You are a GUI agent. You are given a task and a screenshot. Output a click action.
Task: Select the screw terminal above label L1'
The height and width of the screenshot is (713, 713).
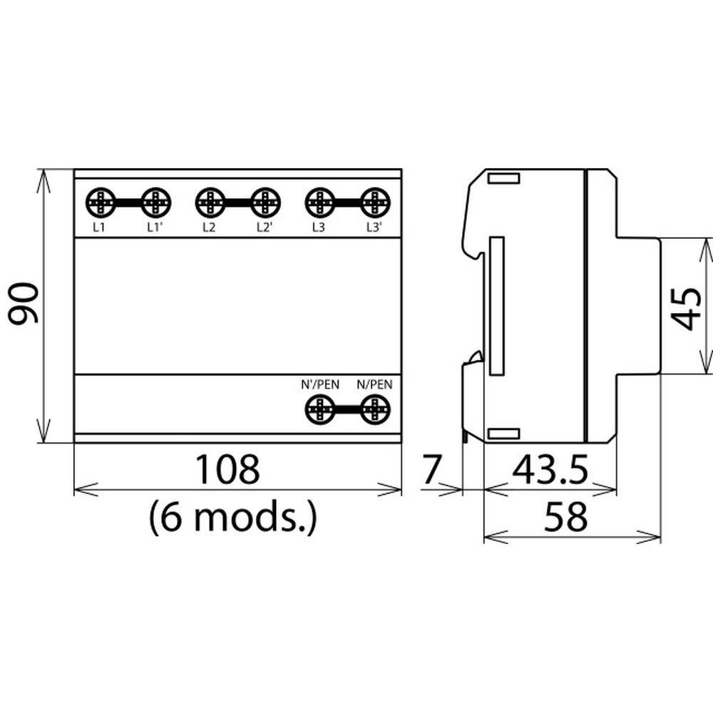click(x=155, y=202)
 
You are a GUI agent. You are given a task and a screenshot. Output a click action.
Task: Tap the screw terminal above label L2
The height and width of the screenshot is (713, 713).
click(x=210, y=202)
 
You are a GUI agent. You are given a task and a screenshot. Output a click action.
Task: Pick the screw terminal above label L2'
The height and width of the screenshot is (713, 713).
click(x=265, y=202)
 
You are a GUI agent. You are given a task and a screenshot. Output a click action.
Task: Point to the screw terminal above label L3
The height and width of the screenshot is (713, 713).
click(x=319, y=202)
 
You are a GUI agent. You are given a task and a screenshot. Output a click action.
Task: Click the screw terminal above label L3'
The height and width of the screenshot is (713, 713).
click(x=375, y=202)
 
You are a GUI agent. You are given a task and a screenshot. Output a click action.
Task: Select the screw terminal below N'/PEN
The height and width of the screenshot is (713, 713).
click(x=319, y=409)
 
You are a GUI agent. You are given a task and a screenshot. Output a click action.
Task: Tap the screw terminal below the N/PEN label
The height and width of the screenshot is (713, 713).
click(x=375, y=409)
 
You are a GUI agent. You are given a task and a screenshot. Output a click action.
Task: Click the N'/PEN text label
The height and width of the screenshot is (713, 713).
click(x=320, y=385)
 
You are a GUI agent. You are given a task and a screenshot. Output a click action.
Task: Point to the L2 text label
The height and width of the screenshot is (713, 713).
click(x=209, y=227)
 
